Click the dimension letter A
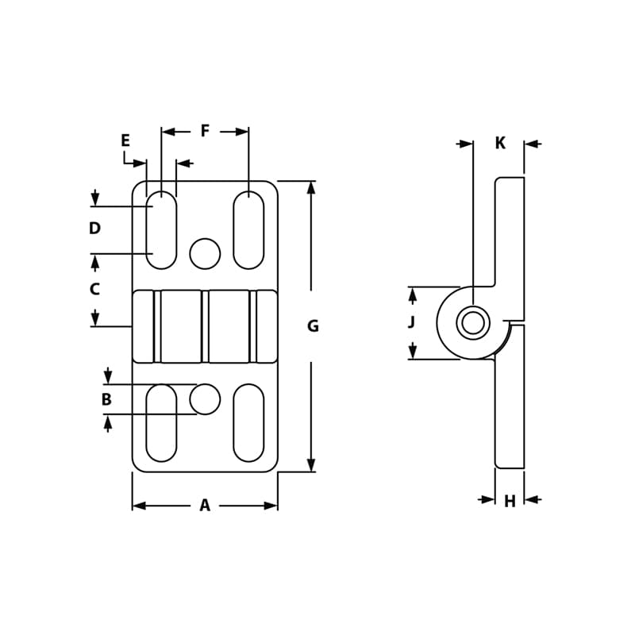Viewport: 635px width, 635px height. [205, 506]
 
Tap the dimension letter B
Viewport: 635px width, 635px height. [106, 400]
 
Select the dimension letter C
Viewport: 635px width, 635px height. [94, 290]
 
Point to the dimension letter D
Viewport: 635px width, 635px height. [94, 229]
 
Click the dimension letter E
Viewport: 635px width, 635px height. [125, 140]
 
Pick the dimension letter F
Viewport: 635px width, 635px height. [205, 131]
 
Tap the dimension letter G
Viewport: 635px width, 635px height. [313, 326]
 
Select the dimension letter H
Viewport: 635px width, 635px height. [510, 502]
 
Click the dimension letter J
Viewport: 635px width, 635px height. [411, 322]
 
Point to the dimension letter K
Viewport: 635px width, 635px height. [500, 143]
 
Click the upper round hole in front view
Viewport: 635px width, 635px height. [205, 253]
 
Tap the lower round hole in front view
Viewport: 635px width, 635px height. [205, 398]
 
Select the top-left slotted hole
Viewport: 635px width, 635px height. [161, 229]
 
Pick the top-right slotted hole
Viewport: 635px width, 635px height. [248, 229]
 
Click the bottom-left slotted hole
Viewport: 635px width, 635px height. [161, 422]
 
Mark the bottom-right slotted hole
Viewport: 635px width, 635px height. [248, 422]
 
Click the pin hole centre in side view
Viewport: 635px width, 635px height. [473, 323]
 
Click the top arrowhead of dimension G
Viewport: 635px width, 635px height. [311, 187]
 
